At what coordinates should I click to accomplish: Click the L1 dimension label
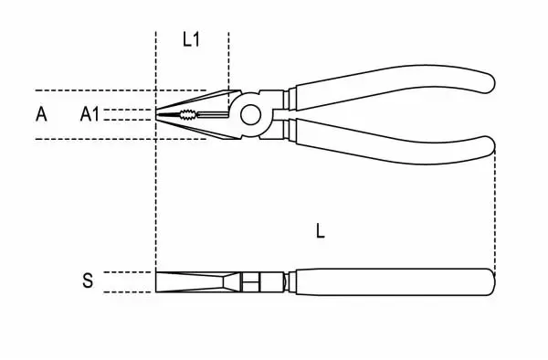[192, 39]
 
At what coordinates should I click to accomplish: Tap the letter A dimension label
[41, 114]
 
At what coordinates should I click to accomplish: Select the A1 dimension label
[90, 114]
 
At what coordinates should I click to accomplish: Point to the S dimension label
[88, 281]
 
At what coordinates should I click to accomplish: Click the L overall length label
[321, 231]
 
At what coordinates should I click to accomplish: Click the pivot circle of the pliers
[250, 114]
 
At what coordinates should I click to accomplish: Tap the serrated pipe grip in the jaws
[188, 114]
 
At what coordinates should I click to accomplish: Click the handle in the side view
[395, 282]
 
